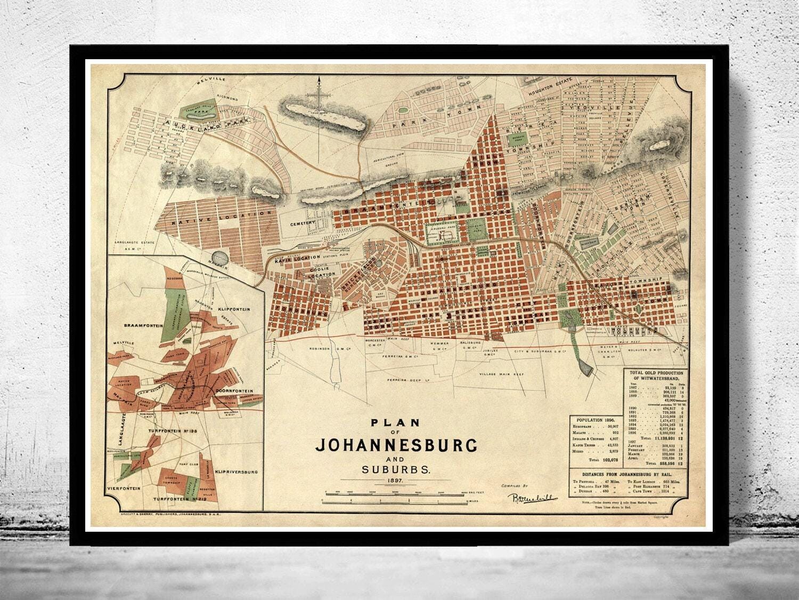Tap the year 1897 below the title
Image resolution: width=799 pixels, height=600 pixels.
(x=398, y=480)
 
